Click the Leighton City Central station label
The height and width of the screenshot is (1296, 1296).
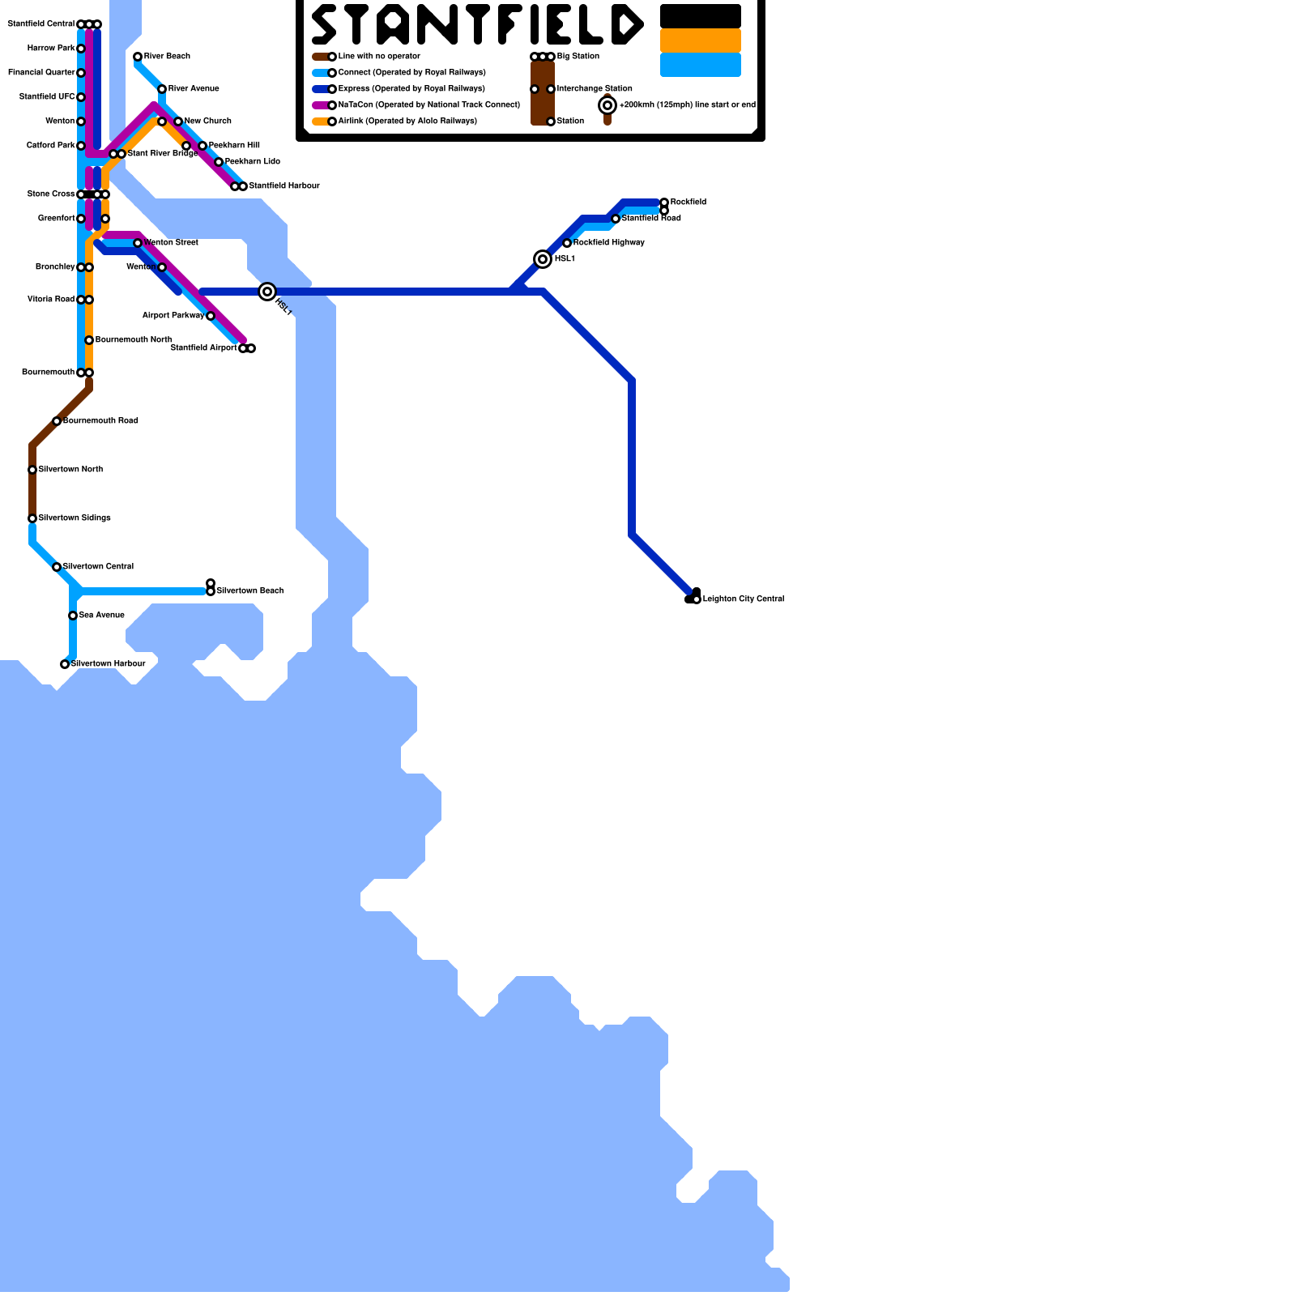[x=743, y=599]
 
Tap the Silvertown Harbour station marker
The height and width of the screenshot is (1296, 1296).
[x=65, y=664]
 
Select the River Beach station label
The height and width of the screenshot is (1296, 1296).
[x=167, y=57]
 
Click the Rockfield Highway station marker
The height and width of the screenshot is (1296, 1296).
[x=567, y=243]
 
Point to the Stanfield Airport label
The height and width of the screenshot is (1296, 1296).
[x=204, y=348]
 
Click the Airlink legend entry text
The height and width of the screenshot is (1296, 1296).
[x=407, y=122]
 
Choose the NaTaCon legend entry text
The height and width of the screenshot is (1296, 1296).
[x=428, y=105]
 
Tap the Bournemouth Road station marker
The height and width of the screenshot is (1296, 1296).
[x=57, y=421]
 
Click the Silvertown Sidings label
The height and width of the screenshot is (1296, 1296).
[x=75, y=518]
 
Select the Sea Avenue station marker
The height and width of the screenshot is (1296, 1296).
[x=73, y=616]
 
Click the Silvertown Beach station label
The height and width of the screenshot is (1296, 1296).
[x=249, y=591]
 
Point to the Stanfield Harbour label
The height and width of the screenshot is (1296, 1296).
[x=283, y=186]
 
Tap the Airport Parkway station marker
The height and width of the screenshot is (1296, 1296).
[x=211, y=316]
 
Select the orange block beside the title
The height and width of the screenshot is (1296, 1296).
[x=701, y=40]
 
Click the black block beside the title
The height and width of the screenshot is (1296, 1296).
[x=701, y=16]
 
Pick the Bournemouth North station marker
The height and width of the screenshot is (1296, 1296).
[x=89, y=340]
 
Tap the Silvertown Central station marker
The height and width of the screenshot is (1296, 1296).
[x=57, y=567]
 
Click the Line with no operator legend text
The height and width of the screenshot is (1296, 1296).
[x=379, y=57]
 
